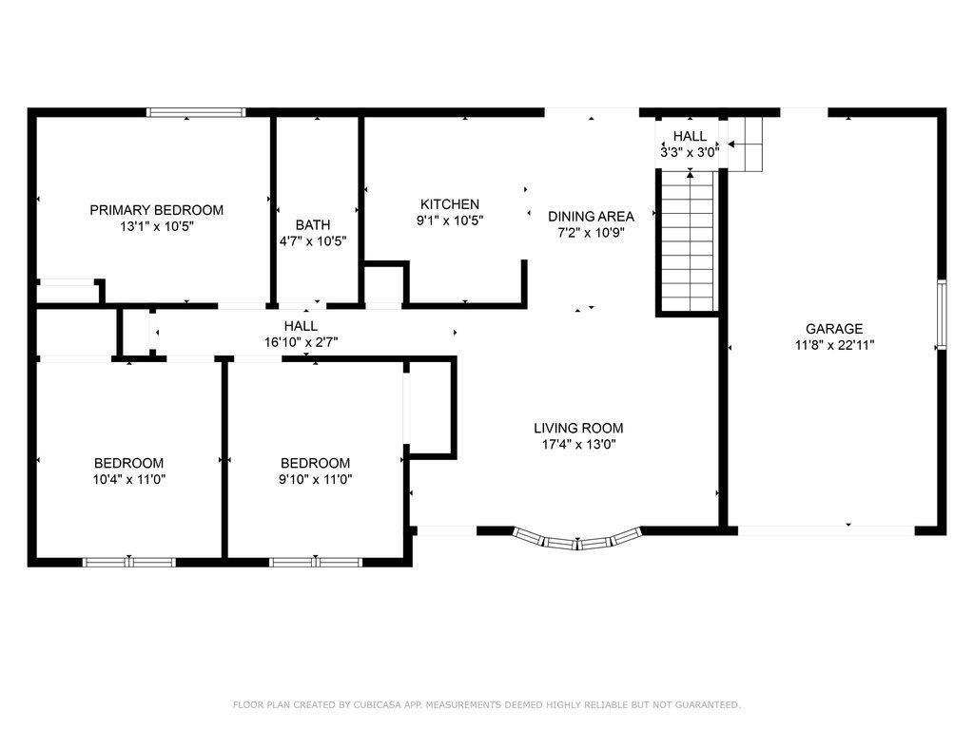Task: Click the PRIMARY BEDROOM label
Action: click(156, 210)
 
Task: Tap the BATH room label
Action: click(313, 225)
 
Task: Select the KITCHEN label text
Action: click(450, 204)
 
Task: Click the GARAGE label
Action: click(834, 329)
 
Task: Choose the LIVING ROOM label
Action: click(577, 428)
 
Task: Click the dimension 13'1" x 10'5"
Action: click(156, 226)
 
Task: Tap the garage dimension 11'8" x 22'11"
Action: click(834, 345)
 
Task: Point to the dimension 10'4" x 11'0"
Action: click(128, 479)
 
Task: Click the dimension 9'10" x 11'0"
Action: click(315, 479)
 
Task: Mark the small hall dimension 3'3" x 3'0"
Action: click(690, 151)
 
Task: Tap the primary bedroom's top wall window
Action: click(196, 112)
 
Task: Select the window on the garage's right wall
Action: click(941, 315)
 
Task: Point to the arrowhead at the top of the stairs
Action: click(690, 173)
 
